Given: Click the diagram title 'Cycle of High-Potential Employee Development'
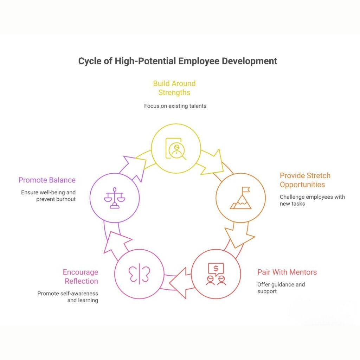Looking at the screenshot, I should click(178, 61).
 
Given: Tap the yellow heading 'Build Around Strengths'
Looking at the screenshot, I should click(174, 88).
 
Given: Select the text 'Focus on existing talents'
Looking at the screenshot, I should click(175, 106).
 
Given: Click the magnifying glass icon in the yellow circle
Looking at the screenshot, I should click(175, 148).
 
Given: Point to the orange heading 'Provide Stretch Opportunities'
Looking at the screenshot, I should click(305, 180).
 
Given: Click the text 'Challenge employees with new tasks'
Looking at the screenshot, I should click(312, 200).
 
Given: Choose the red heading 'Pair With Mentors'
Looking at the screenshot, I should click(287, 272).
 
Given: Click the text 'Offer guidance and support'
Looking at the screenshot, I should click(281, 288).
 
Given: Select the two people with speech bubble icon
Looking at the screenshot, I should click(216, 274).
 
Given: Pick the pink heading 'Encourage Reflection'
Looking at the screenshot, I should click(81, 276).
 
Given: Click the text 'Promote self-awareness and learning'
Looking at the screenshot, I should click(68, 297).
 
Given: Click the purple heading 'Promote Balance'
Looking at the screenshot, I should click(47, 180).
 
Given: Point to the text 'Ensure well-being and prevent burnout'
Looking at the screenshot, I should click(48, 196).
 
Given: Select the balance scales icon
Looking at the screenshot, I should click(115, 198).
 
